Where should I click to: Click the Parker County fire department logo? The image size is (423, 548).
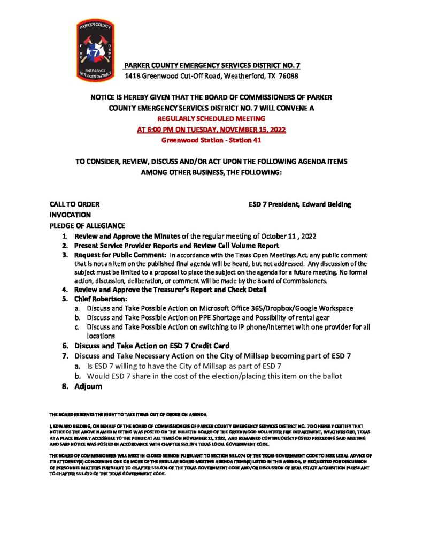coord(96,51)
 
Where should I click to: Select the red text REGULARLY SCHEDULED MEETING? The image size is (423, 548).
coord(211,118)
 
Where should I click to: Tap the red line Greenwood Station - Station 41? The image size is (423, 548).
coord(211,140)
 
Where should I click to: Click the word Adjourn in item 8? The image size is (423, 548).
coord(88,387)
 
